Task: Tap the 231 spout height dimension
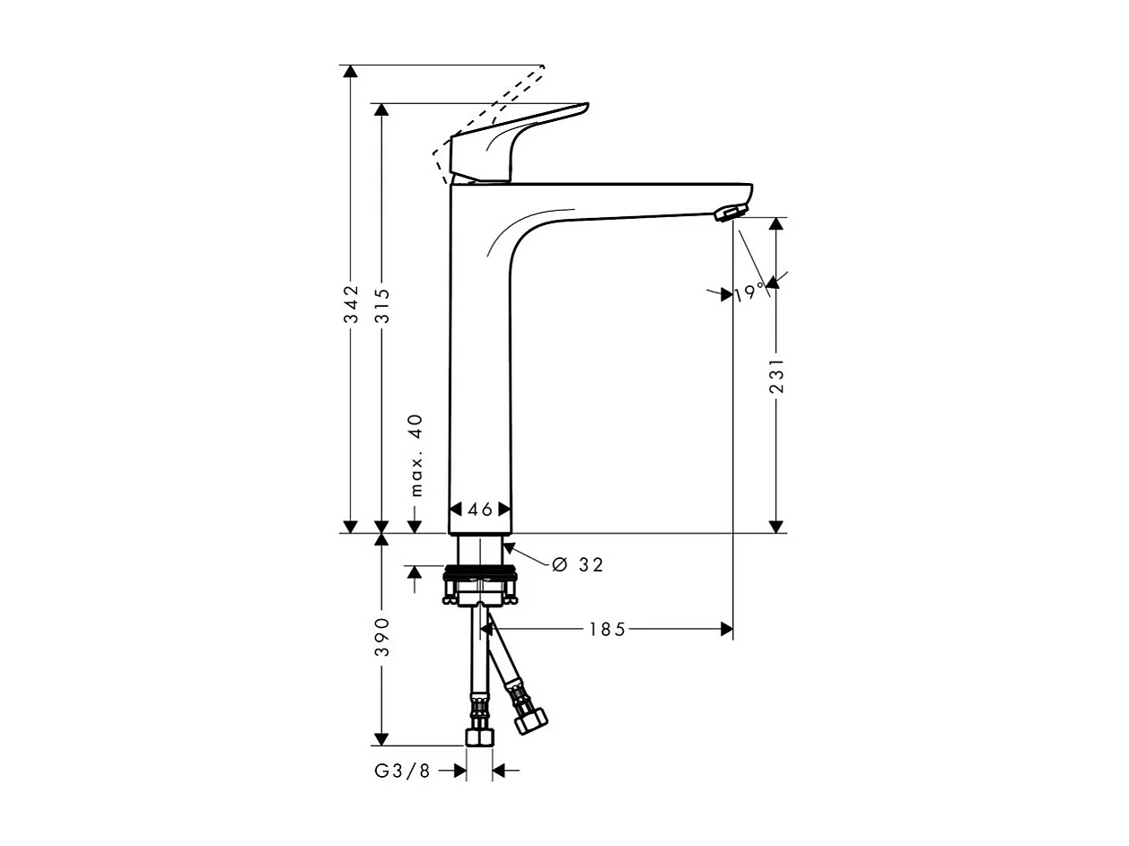click(x=777, y=375)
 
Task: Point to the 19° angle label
click(x=748, y=292)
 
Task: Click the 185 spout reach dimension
click(x=607, y=630)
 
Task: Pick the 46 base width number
click(x=481, y=510)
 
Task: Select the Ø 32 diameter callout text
click(x=578, y=564)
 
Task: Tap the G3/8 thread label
click(x=402, y=771)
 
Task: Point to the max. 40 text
click(x=416, y=456)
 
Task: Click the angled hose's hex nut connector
click(x=530, y=720)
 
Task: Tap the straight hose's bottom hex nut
click(x=479, y=737)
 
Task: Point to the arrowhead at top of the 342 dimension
click(x=351, y=73)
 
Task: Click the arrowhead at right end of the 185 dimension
click(x=727, y=630)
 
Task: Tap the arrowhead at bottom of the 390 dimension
click(x=381, y=738)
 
